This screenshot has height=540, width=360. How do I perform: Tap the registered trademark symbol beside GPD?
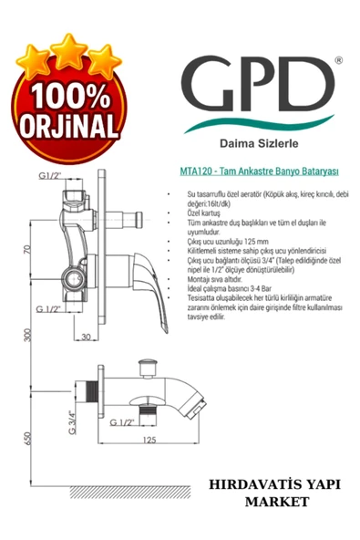click(338, 60)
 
